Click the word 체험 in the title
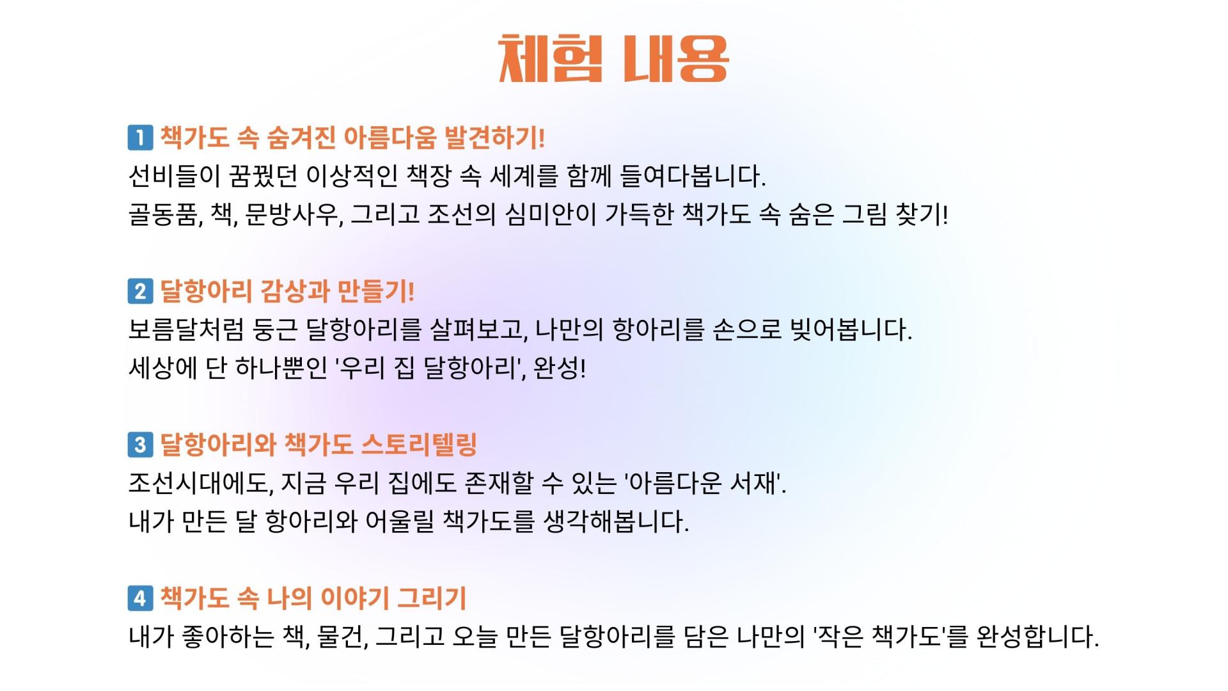[x=550, y=59]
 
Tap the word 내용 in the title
[x=676, y=59]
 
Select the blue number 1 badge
[x=140, y=138]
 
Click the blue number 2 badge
[x=140, y=291]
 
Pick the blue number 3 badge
[x=140, y=445]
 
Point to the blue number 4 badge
[x=140, y=598]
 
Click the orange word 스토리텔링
[x=419, y=445]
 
